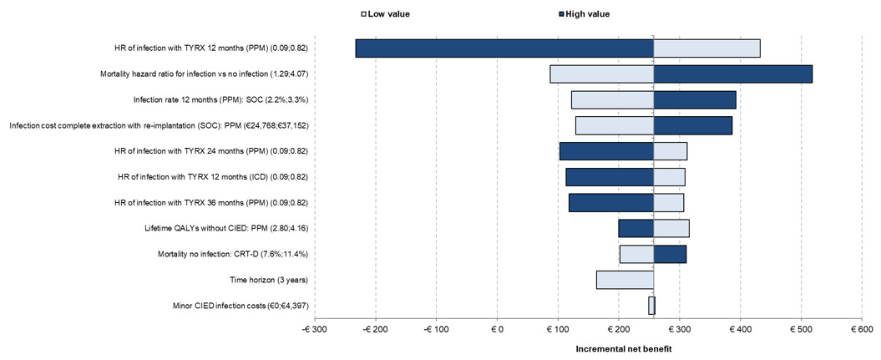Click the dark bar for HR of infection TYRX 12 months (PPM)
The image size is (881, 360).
[x=504, y=48]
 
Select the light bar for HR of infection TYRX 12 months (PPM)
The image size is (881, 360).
[x=706, y=48]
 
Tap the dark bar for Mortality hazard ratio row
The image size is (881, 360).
[x=732, y=74]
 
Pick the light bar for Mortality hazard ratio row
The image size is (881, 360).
[x=601, y=74]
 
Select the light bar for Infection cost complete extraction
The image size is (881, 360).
[x=614, y=125]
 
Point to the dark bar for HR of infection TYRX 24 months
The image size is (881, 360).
[x=606, y=151]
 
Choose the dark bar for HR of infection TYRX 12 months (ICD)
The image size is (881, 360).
[x=610, y=177]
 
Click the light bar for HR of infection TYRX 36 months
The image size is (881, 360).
[x=668, y=203]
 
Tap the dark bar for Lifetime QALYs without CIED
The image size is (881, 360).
[x=635, y=228]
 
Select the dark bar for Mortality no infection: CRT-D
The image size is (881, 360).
[x=670, y=254]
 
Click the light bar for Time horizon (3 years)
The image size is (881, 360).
[x=625, y=280]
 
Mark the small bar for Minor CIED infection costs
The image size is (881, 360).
[x=651, y=306]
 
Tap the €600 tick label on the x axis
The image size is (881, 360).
[x=861, y=331]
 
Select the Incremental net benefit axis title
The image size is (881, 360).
[x=623, y=348]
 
